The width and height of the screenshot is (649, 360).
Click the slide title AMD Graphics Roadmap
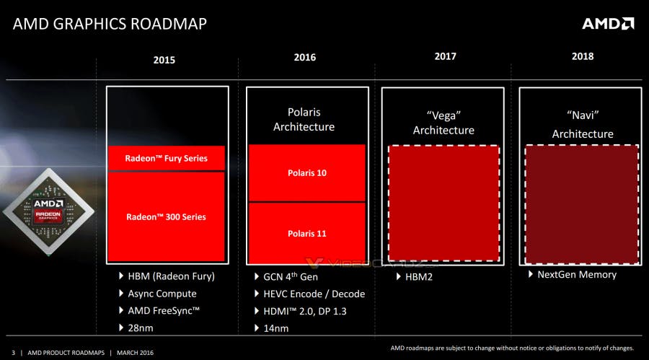click(110, 24)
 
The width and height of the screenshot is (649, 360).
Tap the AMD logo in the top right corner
click(608, 24)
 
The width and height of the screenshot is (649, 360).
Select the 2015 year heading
click(164, 60)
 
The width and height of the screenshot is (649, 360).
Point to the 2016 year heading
click(305, 58)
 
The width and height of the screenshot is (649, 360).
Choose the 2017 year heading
click(445, 56)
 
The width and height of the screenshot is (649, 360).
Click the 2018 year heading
click(582, 56)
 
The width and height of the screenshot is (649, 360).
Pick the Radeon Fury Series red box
click(167, 158)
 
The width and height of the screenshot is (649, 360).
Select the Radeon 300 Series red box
click(167, 217)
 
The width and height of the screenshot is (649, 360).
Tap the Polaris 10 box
click(307, 173)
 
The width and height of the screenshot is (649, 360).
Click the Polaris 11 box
click(307, 233)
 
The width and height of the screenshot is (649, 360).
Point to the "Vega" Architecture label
click(443, 122)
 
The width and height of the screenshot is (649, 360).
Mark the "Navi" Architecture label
click(583, 124)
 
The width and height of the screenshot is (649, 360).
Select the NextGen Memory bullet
click(576, 274)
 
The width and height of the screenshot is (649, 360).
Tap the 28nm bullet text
click(140, 328)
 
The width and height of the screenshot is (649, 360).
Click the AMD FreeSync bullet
click(163, 311)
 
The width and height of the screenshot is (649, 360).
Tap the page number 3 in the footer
click(12, 353)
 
